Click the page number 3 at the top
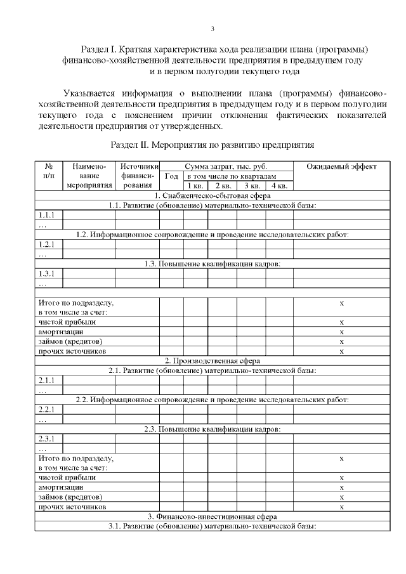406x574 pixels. (213, 29)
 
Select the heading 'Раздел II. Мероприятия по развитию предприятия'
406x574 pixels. (213, 145)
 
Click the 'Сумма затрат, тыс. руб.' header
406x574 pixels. (226, 166)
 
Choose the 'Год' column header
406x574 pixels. (171, 176)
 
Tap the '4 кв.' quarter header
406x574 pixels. (279, 186)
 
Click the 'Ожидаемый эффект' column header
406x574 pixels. (341, 166)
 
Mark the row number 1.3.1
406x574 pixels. (47, 273)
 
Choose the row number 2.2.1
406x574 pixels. (47, 409)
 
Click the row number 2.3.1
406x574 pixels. (47, 438)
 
